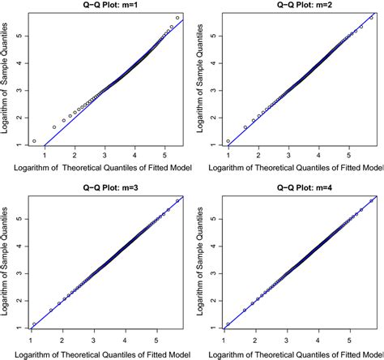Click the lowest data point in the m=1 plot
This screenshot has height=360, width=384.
point(34,141)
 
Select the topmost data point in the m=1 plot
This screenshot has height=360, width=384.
point(177,18)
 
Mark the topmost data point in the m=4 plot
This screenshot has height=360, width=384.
point(372,200)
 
